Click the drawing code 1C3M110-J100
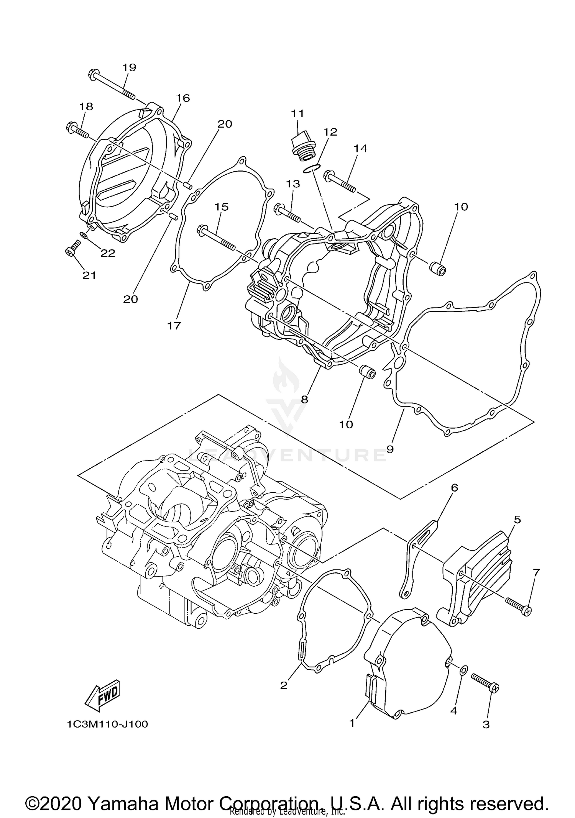click(107, 724)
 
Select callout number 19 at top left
click(129, 67)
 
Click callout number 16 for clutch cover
click(183, 98)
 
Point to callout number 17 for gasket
click(174, 326)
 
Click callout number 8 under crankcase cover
click(304, 399)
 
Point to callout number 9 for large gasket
click(390, 449)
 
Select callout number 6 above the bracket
click(455, 488)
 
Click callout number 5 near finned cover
click(517, 520)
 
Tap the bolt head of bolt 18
click(72, 126)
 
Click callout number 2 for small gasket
click(283, 685)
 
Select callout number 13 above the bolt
click(293, 184)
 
